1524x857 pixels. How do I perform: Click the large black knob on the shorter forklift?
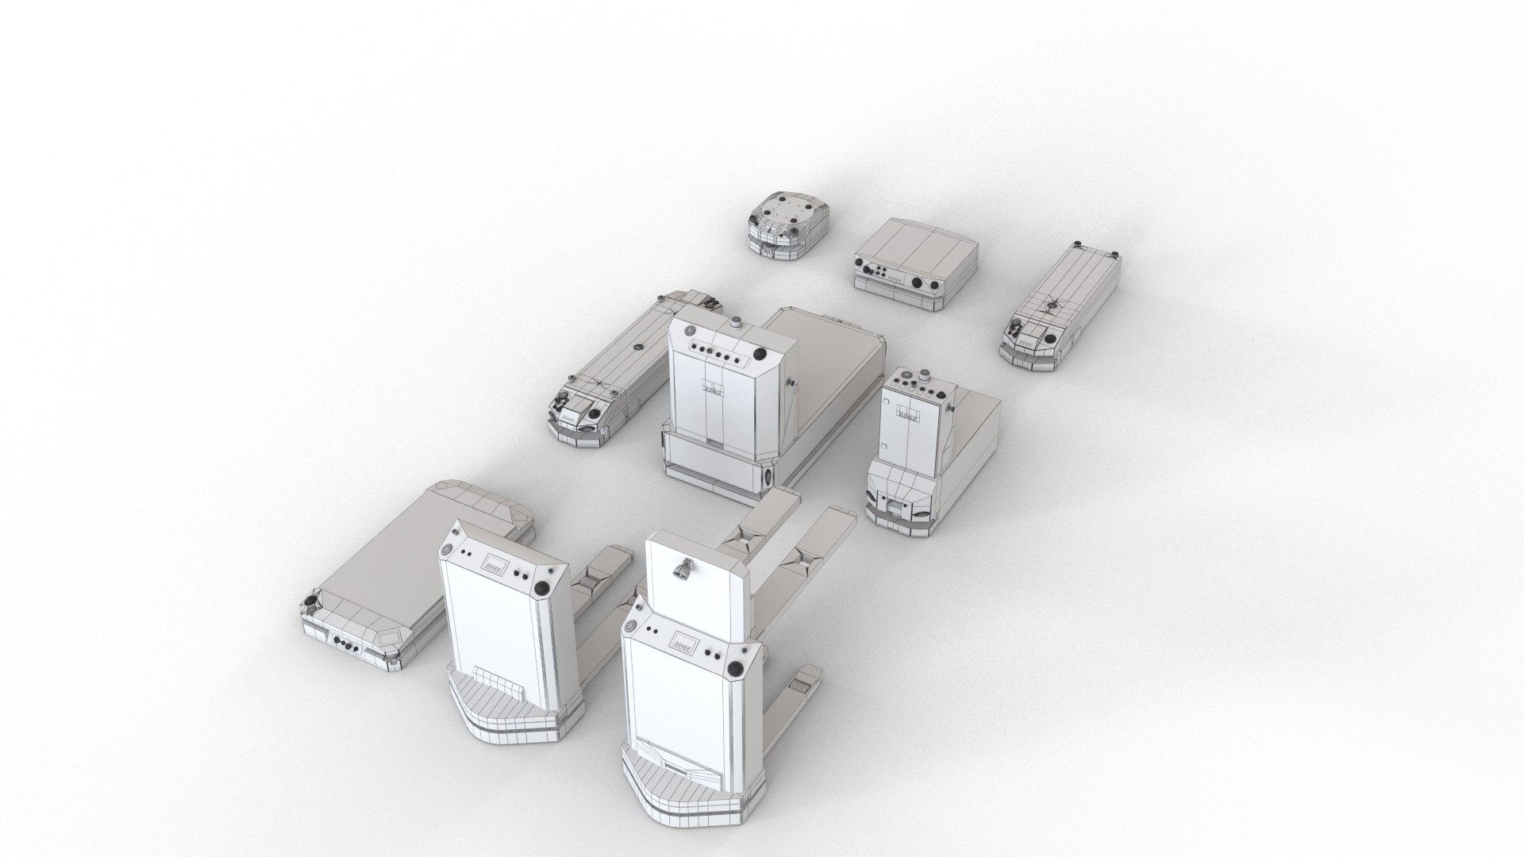point(543,588)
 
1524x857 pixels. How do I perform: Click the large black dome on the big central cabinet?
point(760,355)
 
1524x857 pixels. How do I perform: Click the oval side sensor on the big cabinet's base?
point(768,477)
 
